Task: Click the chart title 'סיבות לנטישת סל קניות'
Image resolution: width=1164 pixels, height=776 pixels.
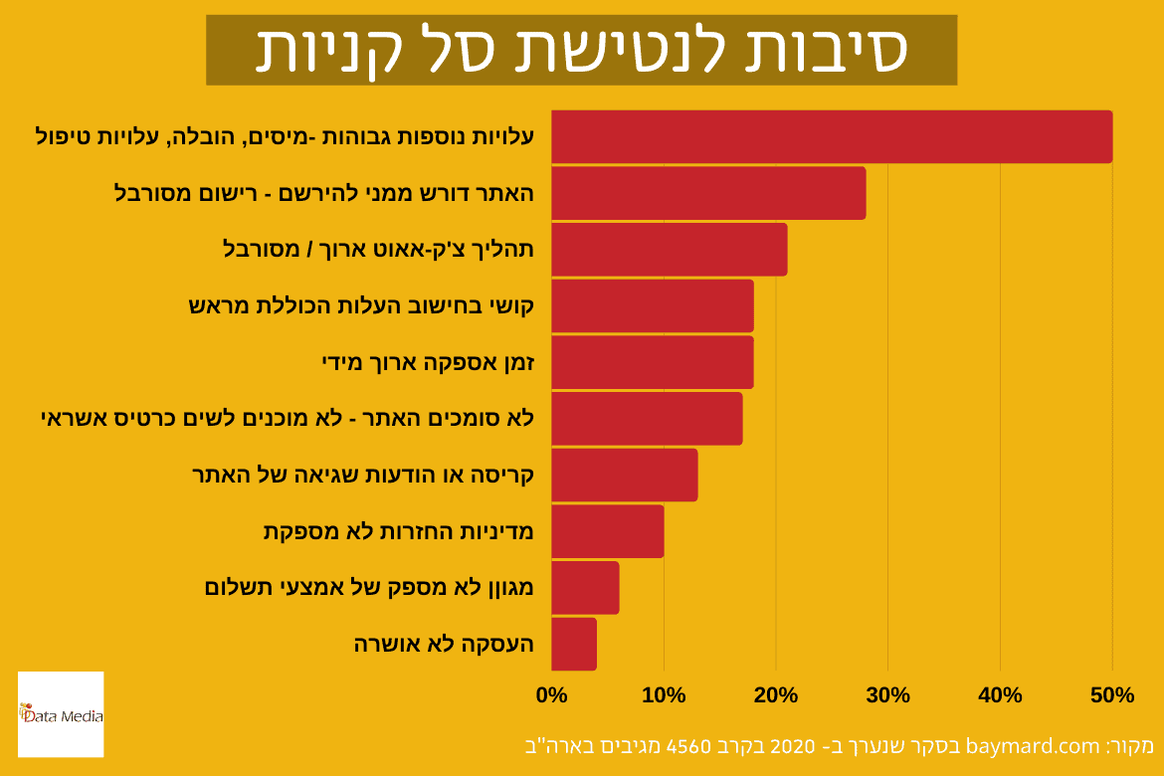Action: [x=581, y=50]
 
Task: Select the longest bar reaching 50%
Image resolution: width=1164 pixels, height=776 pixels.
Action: [x=831, y=136]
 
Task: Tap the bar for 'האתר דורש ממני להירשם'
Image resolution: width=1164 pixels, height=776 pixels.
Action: [x=707, y=193]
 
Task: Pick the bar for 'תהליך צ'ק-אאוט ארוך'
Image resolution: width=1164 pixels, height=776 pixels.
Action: [x=669, y=249]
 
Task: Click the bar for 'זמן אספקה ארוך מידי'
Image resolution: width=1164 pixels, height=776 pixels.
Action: [x=652, y=362]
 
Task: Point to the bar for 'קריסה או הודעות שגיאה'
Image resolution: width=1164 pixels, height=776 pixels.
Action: [x=624, y=475]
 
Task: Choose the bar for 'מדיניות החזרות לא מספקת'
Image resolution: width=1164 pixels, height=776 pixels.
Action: [x=607, y=531]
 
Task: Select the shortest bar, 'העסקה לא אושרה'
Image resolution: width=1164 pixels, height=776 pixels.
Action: [x=573, y=644]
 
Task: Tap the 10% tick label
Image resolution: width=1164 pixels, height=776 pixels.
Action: [x=664, y=695]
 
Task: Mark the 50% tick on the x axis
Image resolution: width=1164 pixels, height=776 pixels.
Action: [x=1112, y=695]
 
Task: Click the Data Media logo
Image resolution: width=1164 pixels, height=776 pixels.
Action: [x=61, y=713]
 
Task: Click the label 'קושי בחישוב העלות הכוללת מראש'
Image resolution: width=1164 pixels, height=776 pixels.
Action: [x=361, y=305]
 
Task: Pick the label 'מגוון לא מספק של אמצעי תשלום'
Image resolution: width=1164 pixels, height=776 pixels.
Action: [x=369, y=587]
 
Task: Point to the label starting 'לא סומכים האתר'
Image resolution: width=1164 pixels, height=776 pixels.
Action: [x=289, y=418]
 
